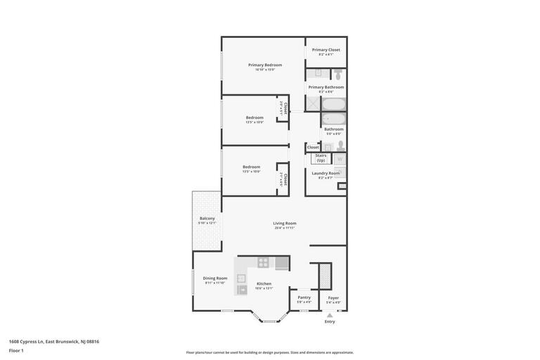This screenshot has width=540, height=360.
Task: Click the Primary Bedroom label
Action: [264, 65]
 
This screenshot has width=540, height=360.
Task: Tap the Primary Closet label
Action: [326, 50]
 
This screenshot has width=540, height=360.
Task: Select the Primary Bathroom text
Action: [326, 87]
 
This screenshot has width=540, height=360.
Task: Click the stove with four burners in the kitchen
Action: [263, 263]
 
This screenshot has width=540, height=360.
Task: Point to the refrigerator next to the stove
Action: [281, 263]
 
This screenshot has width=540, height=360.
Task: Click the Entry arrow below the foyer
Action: [330, 316]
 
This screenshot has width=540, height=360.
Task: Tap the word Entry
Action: [330, 322]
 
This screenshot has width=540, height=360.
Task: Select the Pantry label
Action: [304, 297]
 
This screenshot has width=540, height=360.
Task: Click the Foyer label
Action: [333, 298]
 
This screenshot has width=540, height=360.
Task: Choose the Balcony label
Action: [207, 219]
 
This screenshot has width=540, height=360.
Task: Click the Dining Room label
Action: [215, 278]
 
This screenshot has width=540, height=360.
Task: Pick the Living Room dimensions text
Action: [285, 228]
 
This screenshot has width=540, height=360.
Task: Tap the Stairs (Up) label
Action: [321, 157]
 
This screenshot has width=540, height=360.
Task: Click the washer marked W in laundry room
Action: [340, 160]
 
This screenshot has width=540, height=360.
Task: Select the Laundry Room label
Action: [326, 173]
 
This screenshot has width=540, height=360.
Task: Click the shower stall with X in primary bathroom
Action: [313, 104]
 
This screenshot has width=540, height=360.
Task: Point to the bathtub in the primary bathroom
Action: [334, 104]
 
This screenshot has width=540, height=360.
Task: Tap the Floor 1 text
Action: [16, 350]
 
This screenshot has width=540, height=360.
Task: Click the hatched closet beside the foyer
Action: [325, 276]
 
